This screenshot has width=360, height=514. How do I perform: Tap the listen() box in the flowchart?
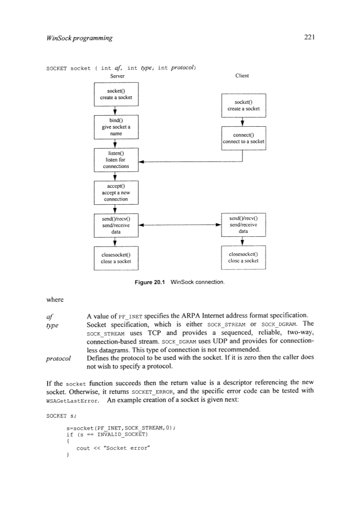tap(116, 160)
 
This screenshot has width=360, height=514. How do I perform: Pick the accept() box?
tap(116, 193)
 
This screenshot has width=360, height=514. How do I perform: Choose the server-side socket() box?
tap(116, 94)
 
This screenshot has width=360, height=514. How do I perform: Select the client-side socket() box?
tap(243, 105)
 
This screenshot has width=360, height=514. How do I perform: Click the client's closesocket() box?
tap(243, 258)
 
